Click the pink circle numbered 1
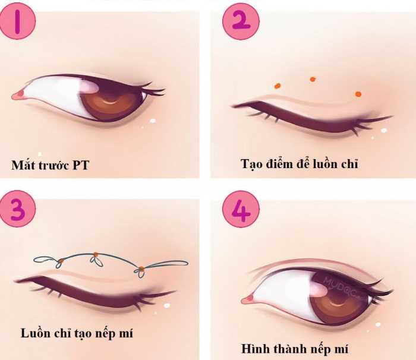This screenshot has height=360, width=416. pyautogui.click(x=17, y=21)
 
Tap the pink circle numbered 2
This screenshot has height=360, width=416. pyautogui.click(x=241, y=21)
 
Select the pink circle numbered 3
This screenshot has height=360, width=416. pyautogui.click(x=17, y=209)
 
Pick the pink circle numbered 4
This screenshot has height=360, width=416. pyautogui.click(x=241, y=209)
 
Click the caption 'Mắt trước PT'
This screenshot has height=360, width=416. pyautogui.click(x=50, y=165)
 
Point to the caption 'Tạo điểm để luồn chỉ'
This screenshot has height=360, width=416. pyautogui.click(x=300, y=164)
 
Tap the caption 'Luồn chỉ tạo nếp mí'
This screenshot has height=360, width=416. pyautogui.click(x=77, y=333)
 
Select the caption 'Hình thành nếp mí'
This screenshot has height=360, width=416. pyautogui.click(x=295, y=349)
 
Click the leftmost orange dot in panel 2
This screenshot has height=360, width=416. pyautogui.click(x=278, y=86)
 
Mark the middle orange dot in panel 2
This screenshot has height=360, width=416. pyautogui.click(x=313, y=79)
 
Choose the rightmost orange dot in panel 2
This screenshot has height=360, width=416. pyautogui.click(x=358, y=94)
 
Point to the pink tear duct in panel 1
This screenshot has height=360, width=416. pyautogui.click(x=18, y=94)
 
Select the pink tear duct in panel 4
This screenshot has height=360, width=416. pyautogui.click(x=248, y=300)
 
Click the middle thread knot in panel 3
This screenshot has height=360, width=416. pyautogui.click(x=96, y=255)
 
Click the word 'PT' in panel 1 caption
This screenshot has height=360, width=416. pyautogui.click(x=81, y=165)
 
